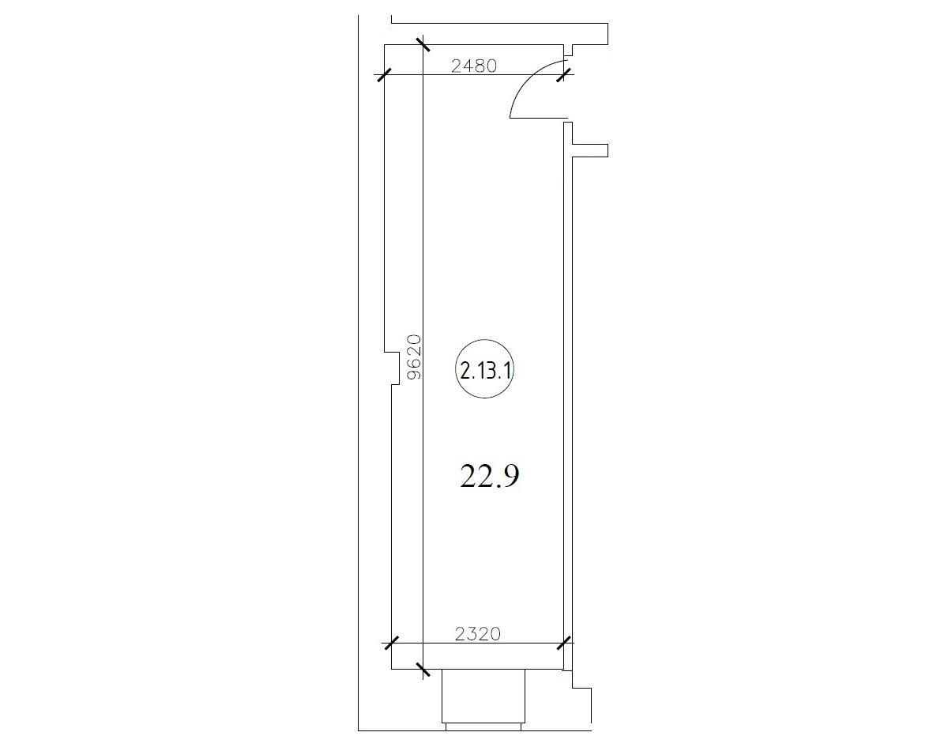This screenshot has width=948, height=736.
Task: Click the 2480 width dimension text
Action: pos(474,66)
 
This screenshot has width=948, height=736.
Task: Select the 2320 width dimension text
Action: pos(477,634)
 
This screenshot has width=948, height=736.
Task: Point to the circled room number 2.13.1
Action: pos(484,369)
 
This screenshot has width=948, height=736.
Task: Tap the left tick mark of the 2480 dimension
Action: pos(383,74)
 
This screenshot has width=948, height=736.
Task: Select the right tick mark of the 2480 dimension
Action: pos(563,74)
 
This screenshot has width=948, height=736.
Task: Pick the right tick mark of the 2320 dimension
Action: pos(563,643)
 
